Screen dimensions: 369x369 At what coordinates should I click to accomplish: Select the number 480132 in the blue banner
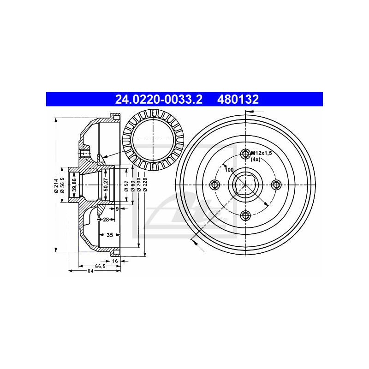239,99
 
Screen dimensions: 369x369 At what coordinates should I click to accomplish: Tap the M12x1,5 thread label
261,153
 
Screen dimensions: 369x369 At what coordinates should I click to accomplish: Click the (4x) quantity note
256,160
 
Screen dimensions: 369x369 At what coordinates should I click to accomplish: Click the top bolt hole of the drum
245,154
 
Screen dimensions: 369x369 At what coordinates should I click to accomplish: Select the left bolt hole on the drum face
214,185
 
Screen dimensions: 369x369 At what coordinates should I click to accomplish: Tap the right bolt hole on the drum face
276,185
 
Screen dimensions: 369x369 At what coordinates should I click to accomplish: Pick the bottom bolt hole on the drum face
245,215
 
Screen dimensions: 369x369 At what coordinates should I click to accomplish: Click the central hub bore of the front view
245,184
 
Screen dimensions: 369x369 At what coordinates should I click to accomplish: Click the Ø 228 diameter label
145,184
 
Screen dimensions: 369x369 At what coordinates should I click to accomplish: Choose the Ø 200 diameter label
138,184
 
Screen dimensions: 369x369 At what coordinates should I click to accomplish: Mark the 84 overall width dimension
90,271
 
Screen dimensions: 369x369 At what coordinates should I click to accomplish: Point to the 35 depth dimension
110,235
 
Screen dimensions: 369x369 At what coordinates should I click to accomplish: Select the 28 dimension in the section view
106,220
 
